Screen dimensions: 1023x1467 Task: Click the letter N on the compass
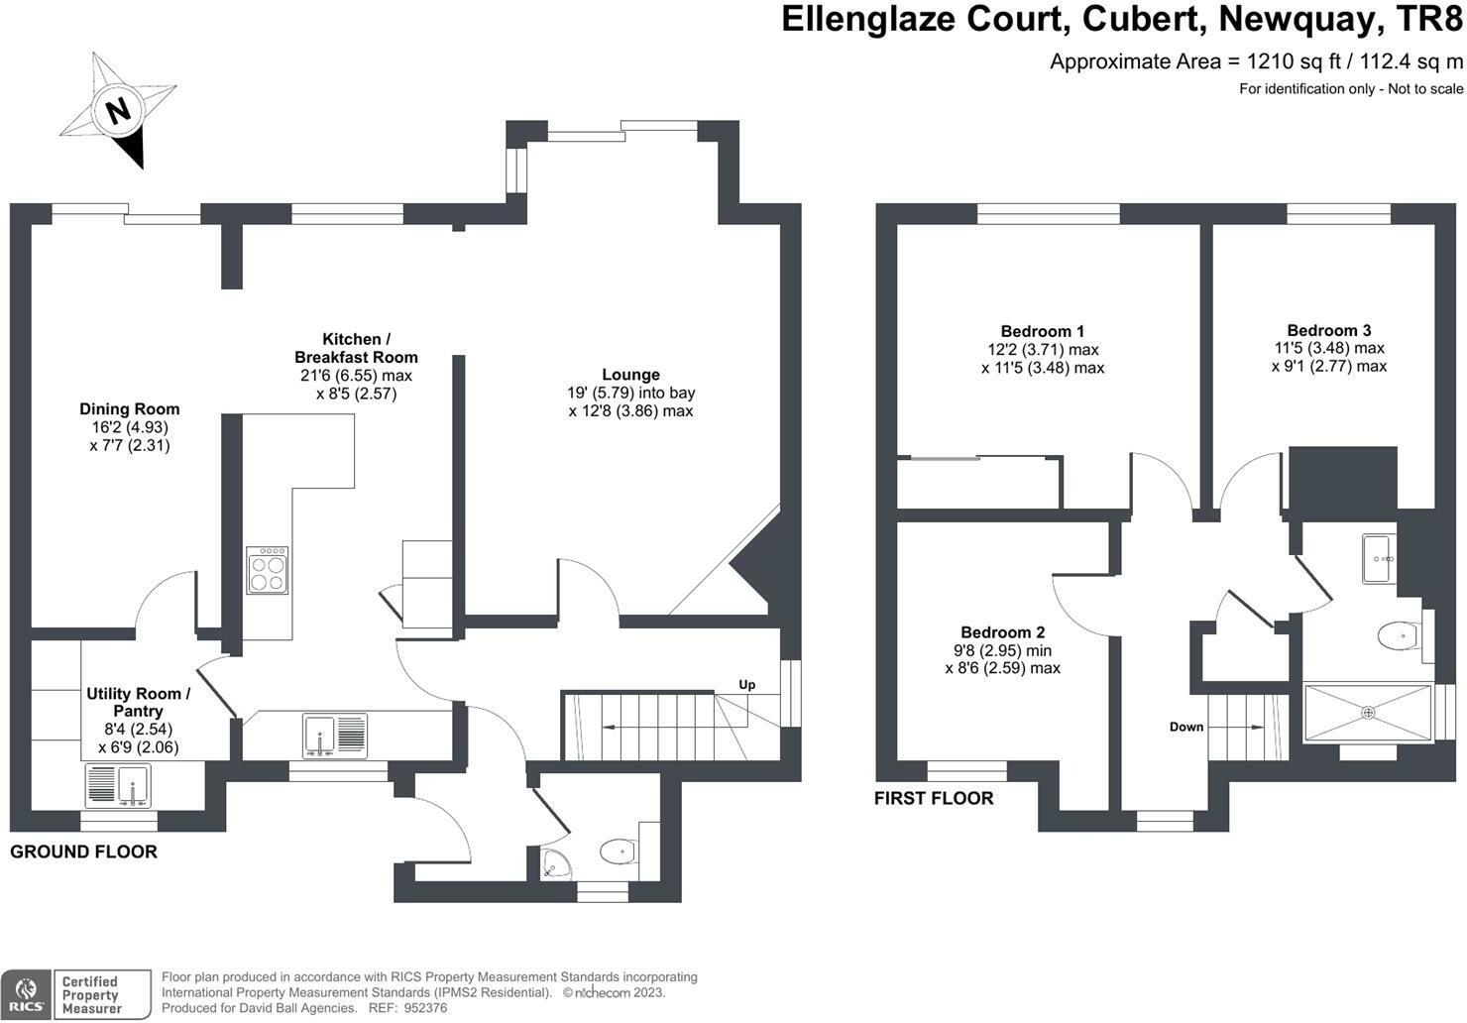119,109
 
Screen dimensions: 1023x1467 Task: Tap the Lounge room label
630,375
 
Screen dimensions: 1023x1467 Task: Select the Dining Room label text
130,408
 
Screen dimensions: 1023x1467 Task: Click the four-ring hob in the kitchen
268,570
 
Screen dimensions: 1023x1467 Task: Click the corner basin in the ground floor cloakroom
555,867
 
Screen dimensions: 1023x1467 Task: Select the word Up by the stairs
746,685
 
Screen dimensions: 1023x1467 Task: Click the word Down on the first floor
1185,727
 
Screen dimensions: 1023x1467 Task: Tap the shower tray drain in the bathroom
1369,712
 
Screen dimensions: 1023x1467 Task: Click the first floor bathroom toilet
1400,635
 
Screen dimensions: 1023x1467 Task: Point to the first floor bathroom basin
1380,558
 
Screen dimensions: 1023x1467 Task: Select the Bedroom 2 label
1002,632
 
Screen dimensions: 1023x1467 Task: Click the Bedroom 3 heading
1328,330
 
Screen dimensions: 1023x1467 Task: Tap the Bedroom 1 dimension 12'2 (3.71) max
1043,349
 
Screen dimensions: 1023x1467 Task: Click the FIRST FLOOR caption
933,798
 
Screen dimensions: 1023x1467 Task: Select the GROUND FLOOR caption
83,852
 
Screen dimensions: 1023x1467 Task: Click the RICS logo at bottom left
26,994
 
